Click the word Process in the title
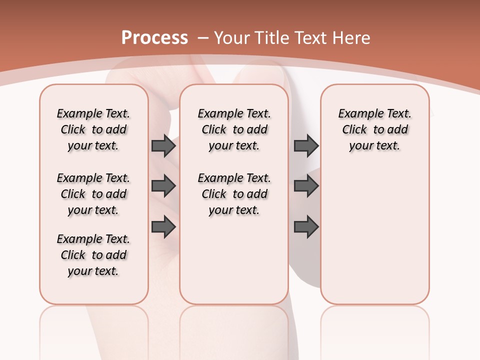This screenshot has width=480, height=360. pyautogui.click(x=154, y=37)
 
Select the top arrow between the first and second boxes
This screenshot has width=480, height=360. pyautogui.click(x=163, y=145)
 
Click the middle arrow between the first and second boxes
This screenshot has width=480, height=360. pyautogui.click(x=163, y=186)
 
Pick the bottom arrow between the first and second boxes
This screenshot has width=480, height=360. pyautogui.click(x=163, y=226)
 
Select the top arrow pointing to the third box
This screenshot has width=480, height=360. pyautogui.click(x=306, y=145)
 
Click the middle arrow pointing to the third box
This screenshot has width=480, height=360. pyautogui.click(x=306, y=186)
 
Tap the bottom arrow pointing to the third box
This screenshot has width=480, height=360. pyautogui.click(x=306, y=226)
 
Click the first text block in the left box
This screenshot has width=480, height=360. pyautogui.click(x=93, y=129)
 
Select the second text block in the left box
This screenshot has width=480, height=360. pyautogui.click(x=93, y=194)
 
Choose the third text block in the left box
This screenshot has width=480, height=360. pyautogui.click(x=93, y=255)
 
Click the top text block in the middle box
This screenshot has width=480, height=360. pyautogui.click(x=234, y=129)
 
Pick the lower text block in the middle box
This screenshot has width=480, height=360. pyautogui.click(x=234, y=194)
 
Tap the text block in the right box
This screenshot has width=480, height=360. pyautogui.click(x=374, y=129)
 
